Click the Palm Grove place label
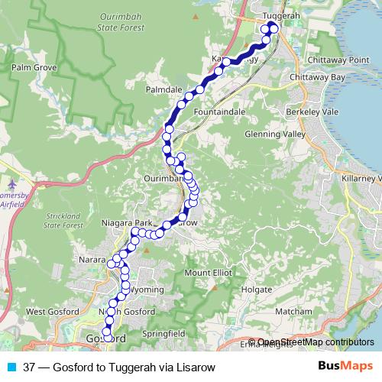pos(31,67)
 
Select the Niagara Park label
pos(127,222)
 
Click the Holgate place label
pos(257,290)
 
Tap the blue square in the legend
pos(11,367)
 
